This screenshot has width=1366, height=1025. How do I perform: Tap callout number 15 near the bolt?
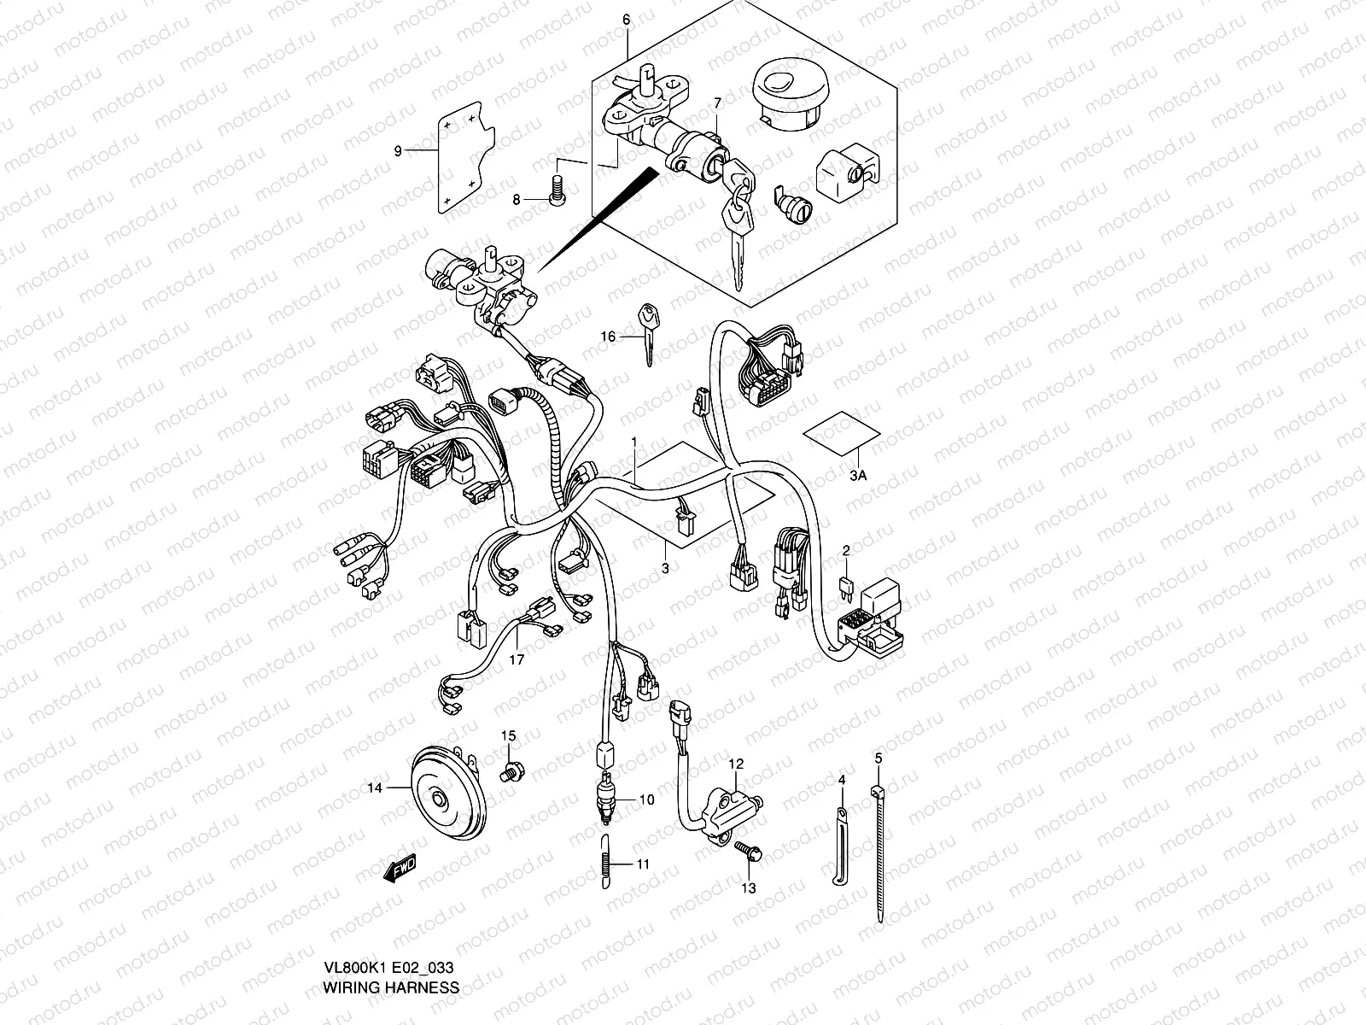(x=509, y=735)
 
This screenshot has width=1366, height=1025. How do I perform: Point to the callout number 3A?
(x=859, y=477)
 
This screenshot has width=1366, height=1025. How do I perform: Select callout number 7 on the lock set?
(x=717, y=103)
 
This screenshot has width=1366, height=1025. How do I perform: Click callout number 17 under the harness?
(x=517, y=659)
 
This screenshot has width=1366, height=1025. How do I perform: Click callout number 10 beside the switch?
(x=646, y=800)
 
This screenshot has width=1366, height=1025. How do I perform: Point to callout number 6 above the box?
(x=626, y=19)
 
